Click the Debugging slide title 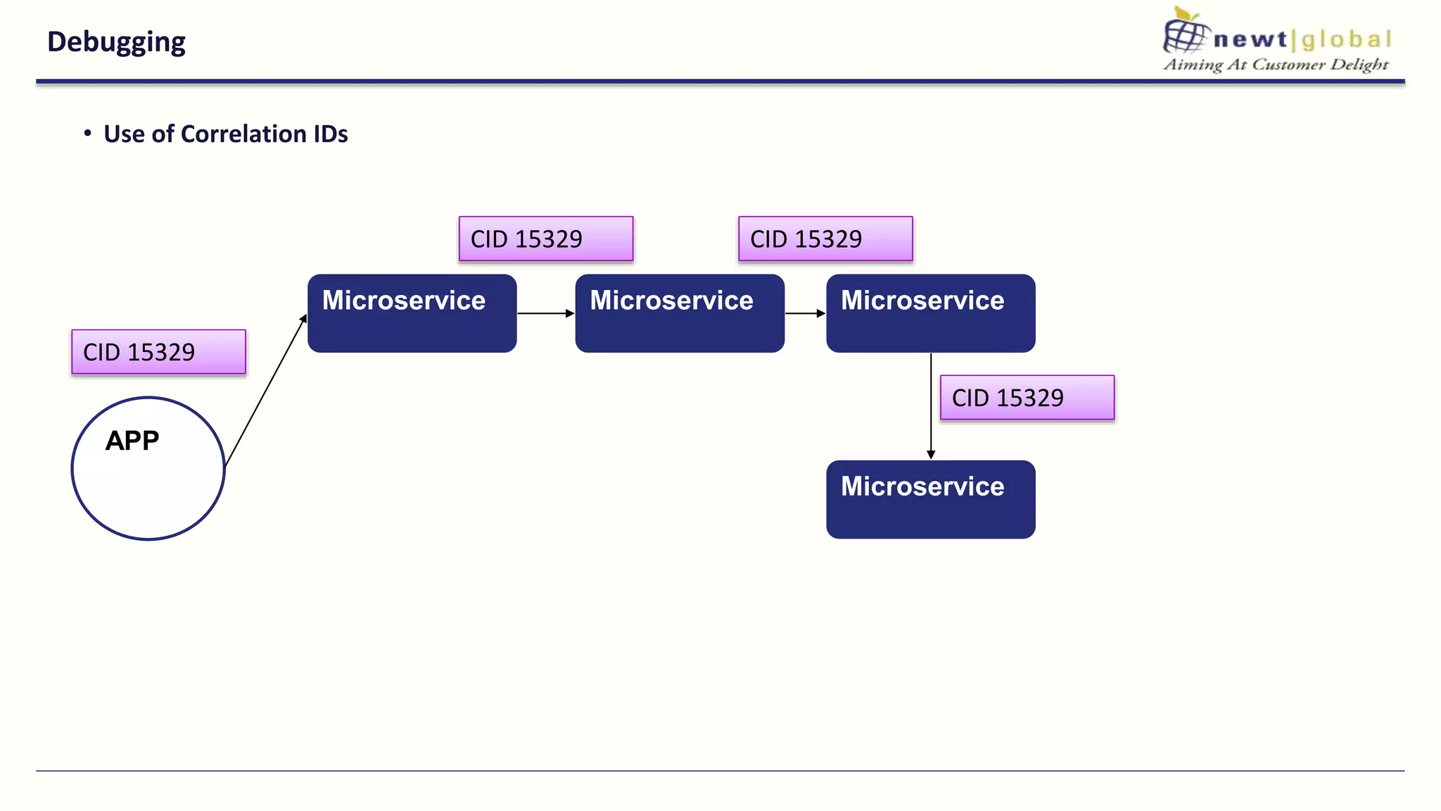[116, 42]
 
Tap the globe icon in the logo [1186, 35]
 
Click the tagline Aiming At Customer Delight [1276, 65]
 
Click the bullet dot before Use [87, 133]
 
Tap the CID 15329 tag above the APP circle [158, 352]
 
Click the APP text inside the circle [132, 441]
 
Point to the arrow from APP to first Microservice [266, 391]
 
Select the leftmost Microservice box [412, 313]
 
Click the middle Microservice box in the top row [679, 313]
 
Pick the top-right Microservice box [930, 313]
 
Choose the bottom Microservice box [930, 500]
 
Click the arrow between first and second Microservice [545, 313]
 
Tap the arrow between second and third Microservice [805, 313]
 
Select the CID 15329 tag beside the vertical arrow [1027, 398]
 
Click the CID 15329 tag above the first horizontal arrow [545, 239]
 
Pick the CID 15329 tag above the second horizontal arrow [825, 239]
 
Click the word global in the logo [1346, 39]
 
